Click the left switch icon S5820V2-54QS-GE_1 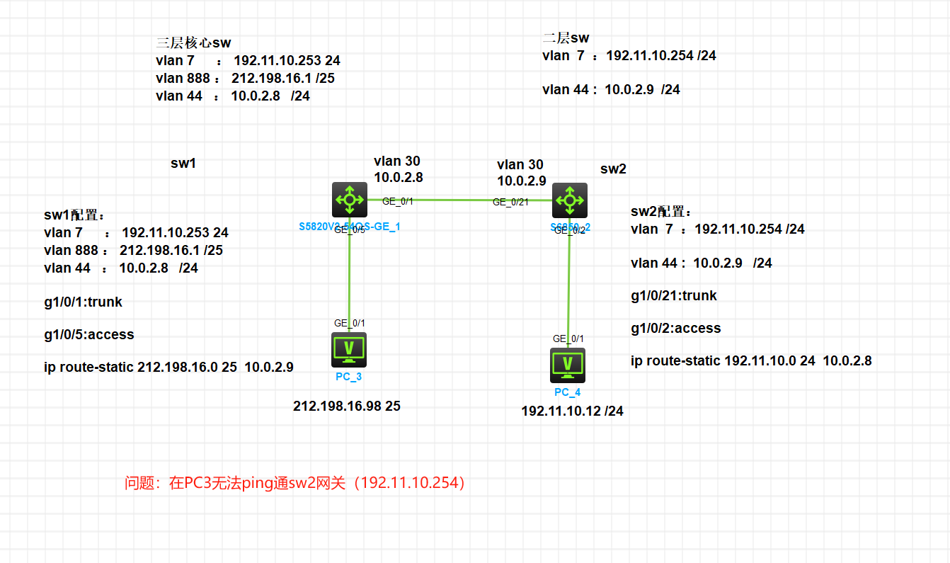pyautogui.click(x=350, y=200)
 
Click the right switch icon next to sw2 pyautogui.click(x=569, y=200)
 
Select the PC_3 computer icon pyautogui.click(x=349, y=350)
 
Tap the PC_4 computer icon pyautogui.click(x=568, y=365)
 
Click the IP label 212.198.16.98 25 pyautogui.click(x=347, y=406)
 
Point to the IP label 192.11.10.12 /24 pyautogui.click(x=572, y=411)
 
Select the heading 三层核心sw pyautogui.click(x=193, y=43)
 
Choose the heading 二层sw pyautogui.click(x=566, y=38)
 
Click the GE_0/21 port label pyautogui.click(x=510, y=203)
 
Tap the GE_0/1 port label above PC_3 pyautogui.click(x=350, y=323)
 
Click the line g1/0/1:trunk pyautogui.click(x=83, y=302)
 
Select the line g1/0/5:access pyautogui.click(x=88, y=334)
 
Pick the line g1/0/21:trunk pyautogui.click(x=673, y=296)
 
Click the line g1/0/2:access pyautogui.click(x=675, y=329)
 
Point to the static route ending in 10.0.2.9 pyautogui.click(x=168, y=367)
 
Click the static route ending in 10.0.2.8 pyautogui.click(x=751, y=361)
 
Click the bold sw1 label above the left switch pyautogui.click(x=183, y=164)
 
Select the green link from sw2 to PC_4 pyautogui.click(x=569, y=283)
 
